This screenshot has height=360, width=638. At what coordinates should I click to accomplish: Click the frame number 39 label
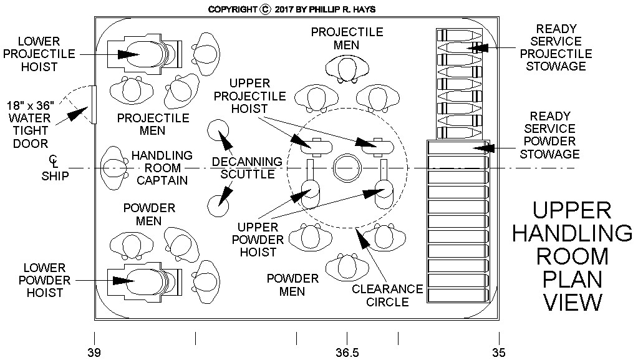pos(94,353)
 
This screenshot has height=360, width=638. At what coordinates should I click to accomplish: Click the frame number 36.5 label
pos(347,353)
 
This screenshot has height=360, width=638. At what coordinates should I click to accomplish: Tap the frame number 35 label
pos(498,353)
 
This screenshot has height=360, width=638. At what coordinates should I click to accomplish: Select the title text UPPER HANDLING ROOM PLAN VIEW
pos(572,256)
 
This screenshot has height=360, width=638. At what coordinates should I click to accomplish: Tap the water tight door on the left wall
pos(92,105)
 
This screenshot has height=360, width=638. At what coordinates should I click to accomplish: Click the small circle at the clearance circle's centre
pos(347,168)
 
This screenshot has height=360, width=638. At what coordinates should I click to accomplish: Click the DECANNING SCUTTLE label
pos(247,168)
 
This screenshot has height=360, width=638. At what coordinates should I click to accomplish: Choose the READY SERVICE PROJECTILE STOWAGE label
pos(555,47)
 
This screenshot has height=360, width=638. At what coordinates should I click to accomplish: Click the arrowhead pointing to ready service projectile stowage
pos(476,47)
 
